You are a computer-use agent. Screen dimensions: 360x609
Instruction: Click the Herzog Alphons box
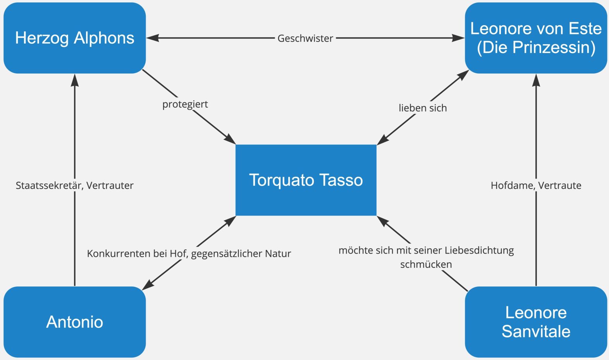point(74,38)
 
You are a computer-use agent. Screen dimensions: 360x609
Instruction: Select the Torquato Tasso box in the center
point(306,180)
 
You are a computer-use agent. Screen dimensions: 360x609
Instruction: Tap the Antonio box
point(74,322)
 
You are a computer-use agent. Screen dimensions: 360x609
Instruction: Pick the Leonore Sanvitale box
point(536,322)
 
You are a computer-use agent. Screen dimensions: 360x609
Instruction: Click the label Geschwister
point(305,38)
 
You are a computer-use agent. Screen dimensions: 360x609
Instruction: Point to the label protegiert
point(185,104)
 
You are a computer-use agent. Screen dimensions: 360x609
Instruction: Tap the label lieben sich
point(423,108)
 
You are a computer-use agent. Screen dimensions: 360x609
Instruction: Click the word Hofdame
point(513,185)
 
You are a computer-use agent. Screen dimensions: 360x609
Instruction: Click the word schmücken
point(426,264)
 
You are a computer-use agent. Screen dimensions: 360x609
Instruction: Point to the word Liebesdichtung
point(479,250)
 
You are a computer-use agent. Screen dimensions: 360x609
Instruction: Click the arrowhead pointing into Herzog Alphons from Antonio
point(75,80)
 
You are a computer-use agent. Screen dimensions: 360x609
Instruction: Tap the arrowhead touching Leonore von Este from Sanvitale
point(536,80)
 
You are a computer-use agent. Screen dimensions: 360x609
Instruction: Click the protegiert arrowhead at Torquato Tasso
point(231,140)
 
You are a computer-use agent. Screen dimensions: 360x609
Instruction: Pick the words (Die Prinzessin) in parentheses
point(536,48)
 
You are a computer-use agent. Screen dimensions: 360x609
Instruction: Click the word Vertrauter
point(110,185)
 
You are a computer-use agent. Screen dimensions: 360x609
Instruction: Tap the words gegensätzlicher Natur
point(241,254)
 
